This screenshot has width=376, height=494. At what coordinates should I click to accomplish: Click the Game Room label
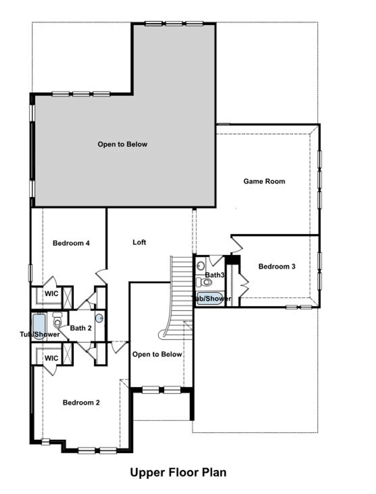(264, 181)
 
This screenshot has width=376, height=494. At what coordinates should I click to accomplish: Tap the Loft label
(139, 242)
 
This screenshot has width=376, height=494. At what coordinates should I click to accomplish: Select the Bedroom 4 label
(71, 243)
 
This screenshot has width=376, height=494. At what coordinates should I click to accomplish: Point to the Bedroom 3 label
(277, 267)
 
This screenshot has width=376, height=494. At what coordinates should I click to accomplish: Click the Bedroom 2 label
(81, 402)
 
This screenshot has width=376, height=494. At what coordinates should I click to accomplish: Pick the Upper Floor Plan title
(178, 473)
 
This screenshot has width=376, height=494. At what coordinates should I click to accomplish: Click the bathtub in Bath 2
(39, 326)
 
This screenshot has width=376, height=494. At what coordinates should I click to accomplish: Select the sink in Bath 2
(100, 318)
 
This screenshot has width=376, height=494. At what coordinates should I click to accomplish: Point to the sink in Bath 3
(201, 266)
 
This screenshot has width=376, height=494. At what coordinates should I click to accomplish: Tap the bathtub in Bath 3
(209, 299)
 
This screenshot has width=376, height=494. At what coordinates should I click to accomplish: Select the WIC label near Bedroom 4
(51, 294)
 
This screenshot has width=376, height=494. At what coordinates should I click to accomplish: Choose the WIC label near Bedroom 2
(51, 358)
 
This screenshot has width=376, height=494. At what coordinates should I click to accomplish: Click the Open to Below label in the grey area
(122, 144)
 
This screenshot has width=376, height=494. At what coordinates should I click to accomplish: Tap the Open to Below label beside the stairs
(157, 354)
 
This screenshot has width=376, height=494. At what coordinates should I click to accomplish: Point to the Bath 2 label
(81, 328)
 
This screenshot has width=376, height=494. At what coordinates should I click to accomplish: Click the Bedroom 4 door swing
(101, 276)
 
